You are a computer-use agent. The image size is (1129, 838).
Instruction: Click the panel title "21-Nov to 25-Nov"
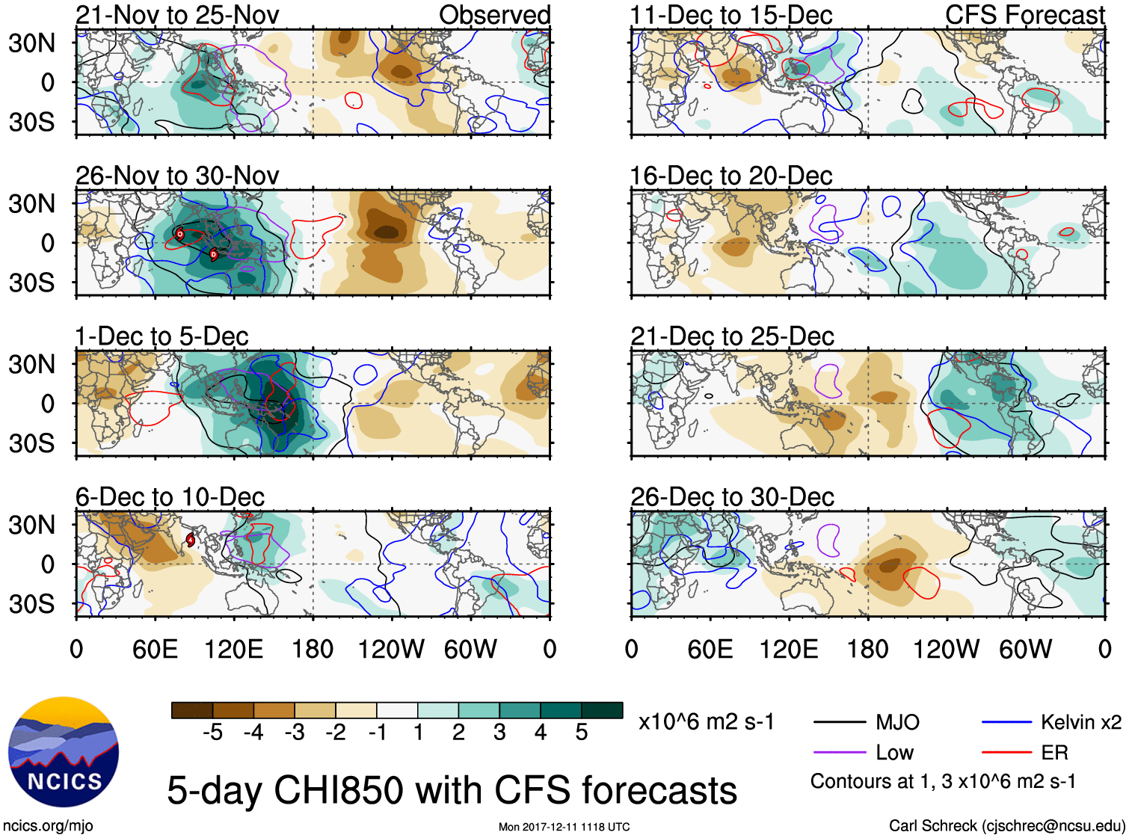pos(177,15)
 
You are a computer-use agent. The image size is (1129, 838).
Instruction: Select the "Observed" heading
pos(494,15)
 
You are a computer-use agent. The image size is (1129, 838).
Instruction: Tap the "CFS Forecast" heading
pos(1024,15)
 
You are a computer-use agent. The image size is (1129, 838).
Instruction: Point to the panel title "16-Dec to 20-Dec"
pos(731,176)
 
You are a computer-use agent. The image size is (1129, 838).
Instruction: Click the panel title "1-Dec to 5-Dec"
pos(161,336)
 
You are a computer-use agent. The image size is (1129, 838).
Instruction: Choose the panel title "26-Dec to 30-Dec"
pos(732,497)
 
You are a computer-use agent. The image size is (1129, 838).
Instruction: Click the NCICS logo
pos(64,752)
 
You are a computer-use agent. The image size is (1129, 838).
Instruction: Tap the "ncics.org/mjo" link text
pos(48,825)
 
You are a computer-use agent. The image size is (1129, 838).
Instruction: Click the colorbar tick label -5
pos(212,733)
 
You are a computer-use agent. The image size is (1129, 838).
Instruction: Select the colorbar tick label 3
pos(499,733)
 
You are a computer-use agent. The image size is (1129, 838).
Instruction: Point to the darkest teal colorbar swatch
pos(602,710)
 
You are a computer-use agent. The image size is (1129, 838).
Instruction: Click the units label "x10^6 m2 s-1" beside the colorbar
pos(706,722)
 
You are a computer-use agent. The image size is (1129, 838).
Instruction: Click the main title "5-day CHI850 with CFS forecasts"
pos(452,790)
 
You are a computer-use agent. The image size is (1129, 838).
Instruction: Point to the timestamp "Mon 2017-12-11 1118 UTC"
pos(564,827)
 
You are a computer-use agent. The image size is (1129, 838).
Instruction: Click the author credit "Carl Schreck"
pos(932,825)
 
